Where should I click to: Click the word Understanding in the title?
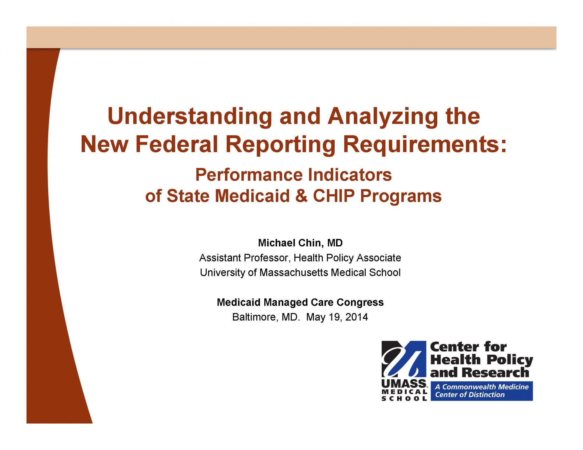coord(190,116)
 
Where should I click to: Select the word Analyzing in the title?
coord(383,116)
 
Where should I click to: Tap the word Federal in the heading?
coord(177,144)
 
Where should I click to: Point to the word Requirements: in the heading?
coord(425,145)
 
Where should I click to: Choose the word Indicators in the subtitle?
coord(350,175)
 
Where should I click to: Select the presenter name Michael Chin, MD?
coord(300,243)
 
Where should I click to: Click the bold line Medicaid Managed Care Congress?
coord(300,302)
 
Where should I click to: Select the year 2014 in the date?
coord(357,317)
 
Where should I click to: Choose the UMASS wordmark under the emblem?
coord(404,384)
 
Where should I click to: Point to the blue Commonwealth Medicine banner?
coord(482,391)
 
